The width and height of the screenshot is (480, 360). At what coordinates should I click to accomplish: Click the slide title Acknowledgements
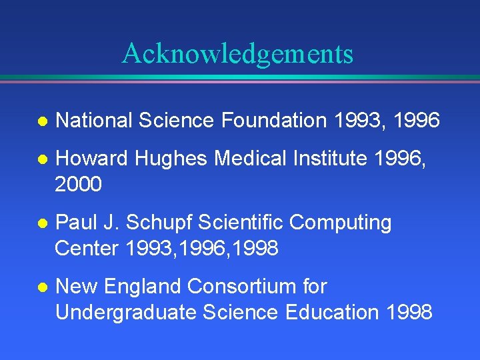[x=237, y=53]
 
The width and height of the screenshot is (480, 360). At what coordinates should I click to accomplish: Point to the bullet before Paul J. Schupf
[x=41, y=223]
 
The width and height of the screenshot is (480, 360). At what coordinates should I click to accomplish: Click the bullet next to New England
[x=41, y=287]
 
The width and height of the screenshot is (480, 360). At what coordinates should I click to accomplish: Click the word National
[x=94, y=121]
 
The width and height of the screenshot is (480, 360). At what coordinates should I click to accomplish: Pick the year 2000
[x=79, y=184]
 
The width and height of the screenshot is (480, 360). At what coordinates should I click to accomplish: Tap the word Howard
[x=92, y=159]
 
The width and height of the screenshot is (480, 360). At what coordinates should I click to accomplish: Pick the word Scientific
[x=238, y=223]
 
